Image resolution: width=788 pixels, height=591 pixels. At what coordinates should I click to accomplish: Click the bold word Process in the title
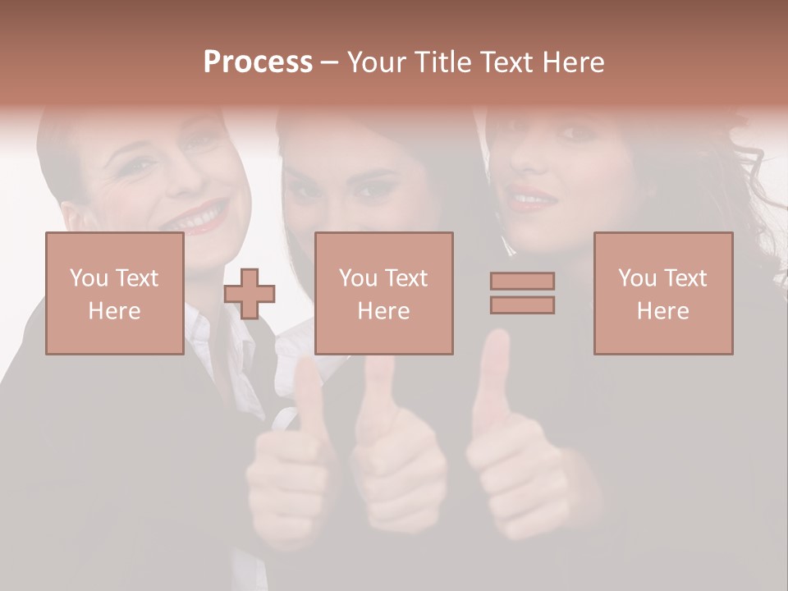pyautogui.click(x=258, y=62)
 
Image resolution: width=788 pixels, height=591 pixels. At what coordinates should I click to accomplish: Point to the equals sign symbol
pyautogui.click(x=522, y=293)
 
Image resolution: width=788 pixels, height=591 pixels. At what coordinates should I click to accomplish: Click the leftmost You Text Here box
pyautogui.click(x=115, y=293)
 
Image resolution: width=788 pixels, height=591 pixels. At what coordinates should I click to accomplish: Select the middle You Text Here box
pyautogui.click(x=383, y=293)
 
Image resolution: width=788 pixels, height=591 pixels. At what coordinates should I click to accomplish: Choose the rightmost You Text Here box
pyautogui.click(x=663, y=293)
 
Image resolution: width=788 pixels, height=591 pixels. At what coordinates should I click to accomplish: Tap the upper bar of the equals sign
pyautogui.click(x=522, y=282)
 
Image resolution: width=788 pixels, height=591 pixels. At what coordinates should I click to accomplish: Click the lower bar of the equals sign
pyautogui.click(x=522, y=305)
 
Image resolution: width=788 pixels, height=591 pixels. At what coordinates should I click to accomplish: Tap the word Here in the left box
pyautogui.click(x=115, y=311)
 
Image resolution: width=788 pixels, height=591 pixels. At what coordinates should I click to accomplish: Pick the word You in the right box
pyautogui.click(x=637, y=278)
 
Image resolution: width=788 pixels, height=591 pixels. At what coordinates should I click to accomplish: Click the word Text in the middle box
pyautogui.click(x=405, y=278)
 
